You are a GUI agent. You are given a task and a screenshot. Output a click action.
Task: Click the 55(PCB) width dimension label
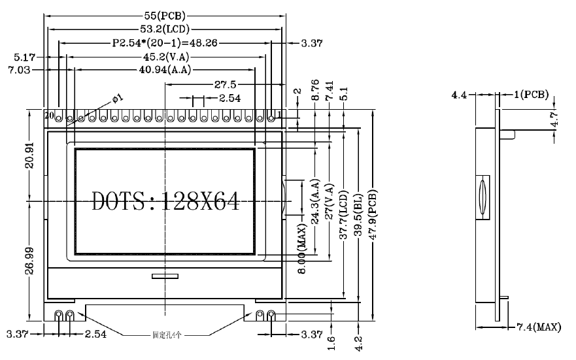point(165,14)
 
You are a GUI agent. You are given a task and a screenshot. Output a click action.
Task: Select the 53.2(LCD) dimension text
point(165,29)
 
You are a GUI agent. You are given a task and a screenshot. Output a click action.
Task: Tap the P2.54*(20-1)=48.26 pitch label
point(165,43)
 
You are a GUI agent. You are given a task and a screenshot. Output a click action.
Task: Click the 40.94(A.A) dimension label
point(164,70)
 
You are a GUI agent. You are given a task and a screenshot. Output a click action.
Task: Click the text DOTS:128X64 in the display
point(165,201)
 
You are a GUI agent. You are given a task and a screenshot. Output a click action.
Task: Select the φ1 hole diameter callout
point(118,98)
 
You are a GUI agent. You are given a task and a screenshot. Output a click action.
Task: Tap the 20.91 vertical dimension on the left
point(30,155)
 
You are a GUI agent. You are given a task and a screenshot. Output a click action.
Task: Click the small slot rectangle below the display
point(165,277)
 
